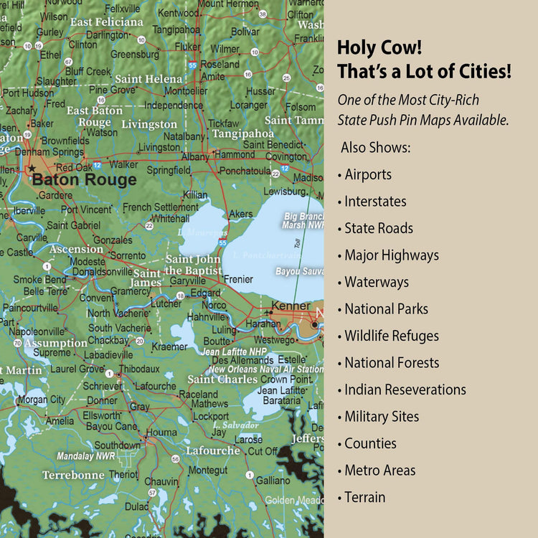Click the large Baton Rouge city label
pos(84,179)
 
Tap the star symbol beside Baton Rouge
pos(31,169)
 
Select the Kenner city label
pos(291,306)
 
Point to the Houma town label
pos(161,433)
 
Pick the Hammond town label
pos(235,154)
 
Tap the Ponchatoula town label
pos(245,171)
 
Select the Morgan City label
pos(41,400)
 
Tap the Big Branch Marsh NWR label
pos(304,220)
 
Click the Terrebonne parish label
pos(73,475)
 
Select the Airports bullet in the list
pos(367,174)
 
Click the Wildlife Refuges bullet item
pos(391,336)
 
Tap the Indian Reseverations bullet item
pos(405,390)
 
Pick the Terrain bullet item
pos(364,497)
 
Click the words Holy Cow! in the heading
pos(379,48)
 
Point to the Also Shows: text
pos(376,147)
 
